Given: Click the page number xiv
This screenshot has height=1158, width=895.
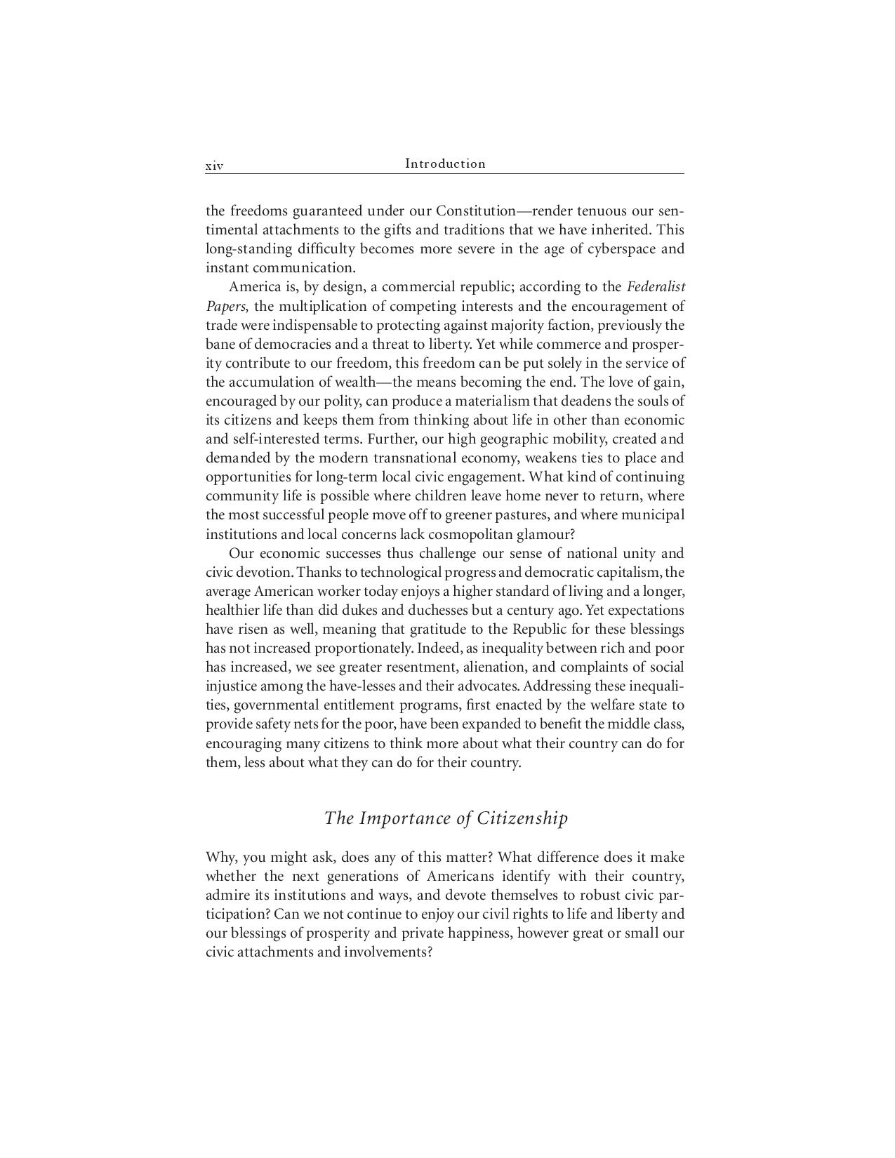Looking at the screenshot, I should (x=214, y=166).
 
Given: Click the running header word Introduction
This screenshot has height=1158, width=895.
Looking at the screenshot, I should (x=445, y=164).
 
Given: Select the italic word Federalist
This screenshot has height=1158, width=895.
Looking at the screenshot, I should (x=656, y=287).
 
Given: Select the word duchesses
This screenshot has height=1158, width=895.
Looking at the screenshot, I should (x=438, y=611).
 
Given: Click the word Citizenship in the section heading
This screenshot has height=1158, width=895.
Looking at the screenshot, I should (x=523, y=819).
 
